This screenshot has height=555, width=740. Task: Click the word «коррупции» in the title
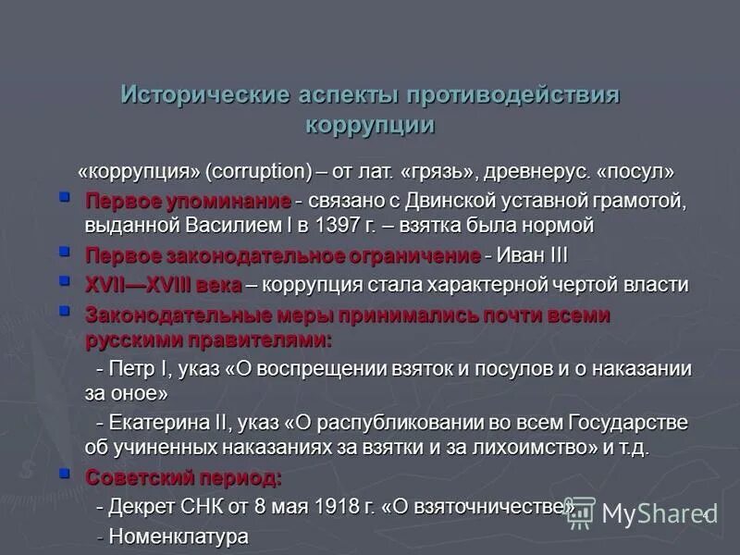369,124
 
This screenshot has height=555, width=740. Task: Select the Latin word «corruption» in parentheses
258,172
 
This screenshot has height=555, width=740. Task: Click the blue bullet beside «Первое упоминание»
64,197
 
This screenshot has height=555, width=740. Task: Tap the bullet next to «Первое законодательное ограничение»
64,252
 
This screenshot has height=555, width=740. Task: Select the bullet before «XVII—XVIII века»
64,280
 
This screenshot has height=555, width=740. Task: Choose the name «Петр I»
141,369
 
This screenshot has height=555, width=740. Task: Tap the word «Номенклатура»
179,536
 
